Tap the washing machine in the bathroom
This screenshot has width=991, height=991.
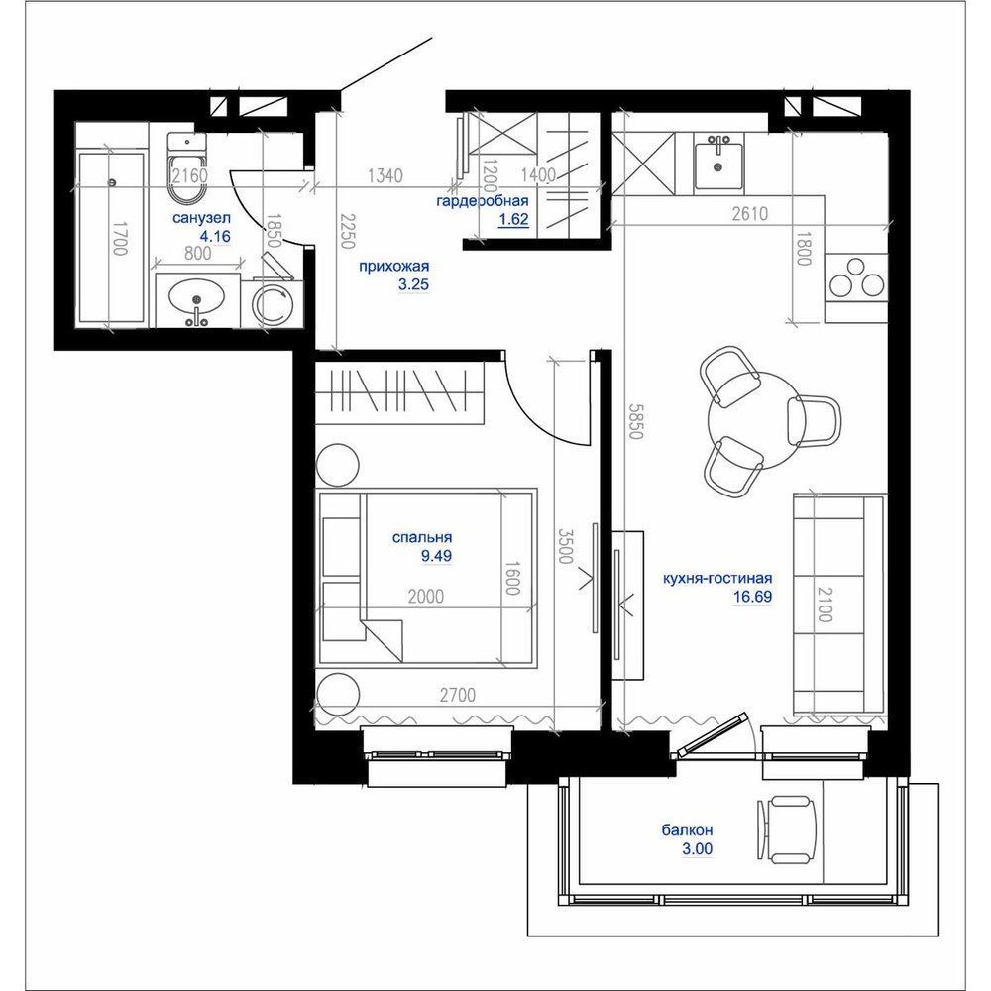[x=274, y=304]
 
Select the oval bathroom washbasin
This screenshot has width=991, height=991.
[x=196, y=297]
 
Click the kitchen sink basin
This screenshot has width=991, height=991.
[x=718, y=166]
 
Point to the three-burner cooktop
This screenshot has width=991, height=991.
[x=856, y=278]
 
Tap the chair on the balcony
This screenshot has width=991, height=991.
[x=787, y=829]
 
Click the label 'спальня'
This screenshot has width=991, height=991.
[x=422, y=538]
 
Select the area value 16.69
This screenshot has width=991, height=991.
[x=753, y=597]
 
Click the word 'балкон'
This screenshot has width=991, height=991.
[x=688, y=829]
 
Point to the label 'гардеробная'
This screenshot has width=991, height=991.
[x=483, y=201]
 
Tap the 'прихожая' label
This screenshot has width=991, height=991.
[x=393, y=266]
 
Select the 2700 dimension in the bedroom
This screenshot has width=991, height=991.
[x=458, y=696]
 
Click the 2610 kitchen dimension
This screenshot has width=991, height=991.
[x=750, y=214]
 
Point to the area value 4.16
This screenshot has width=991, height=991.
[x=215, y=237]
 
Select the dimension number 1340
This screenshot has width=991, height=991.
[x=385, y=175]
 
